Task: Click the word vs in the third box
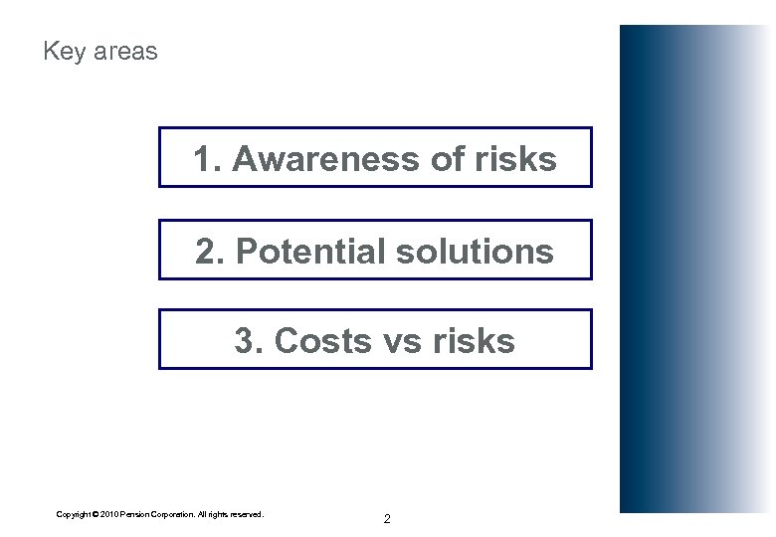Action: click(397, 341)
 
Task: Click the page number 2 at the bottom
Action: click(387, 519)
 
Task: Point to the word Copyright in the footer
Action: click(76, 514)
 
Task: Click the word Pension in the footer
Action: click(138, 514)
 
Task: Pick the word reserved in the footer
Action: click(246, 514)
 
